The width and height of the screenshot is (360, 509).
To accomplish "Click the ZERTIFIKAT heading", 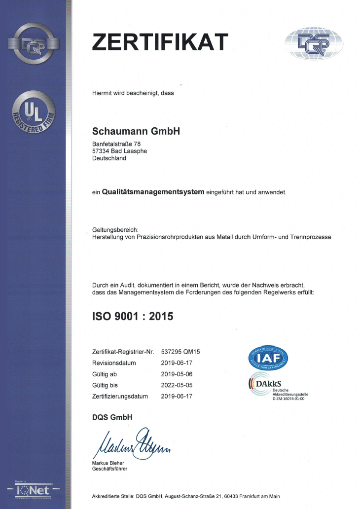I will (x=160, y=41).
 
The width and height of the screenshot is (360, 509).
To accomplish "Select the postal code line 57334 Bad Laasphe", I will (x=119, y=151).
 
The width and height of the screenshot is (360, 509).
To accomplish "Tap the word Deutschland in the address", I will (x=109, y=158).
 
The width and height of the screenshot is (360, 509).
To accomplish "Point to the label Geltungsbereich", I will (x=115, y=229).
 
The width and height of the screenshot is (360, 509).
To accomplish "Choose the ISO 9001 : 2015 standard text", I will (x=133, y=316).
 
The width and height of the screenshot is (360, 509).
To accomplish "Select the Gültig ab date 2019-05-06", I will (x=177, y=374).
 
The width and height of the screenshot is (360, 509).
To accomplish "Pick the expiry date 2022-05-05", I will (x=177, y=385).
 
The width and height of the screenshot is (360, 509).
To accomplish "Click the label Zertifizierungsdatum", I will (x=120, y=396).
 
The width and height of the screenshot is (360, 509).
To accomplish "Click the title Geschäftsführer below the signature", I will (x=109, y=469).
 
